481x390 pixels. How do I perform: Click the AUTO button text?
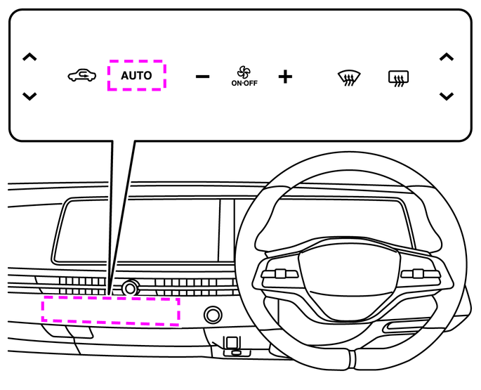click(x=136, y=75)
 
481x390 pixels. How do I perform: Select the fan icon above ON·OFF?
click(x=244, y=72)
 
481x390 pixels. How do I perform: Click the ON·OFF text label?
click(x=244, y=83)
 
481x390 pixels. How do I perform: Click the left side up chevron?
click(x=29, y=57)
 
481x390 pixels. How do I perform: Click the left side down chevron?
click(x=29, y=96)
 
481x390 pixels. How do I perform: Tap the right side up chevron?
click(x=446, y=57)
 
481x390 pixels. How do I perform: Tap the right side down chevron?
click(x=446, y=96)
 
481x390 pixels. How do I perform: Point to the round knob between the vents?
click(x=129, y=287)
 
